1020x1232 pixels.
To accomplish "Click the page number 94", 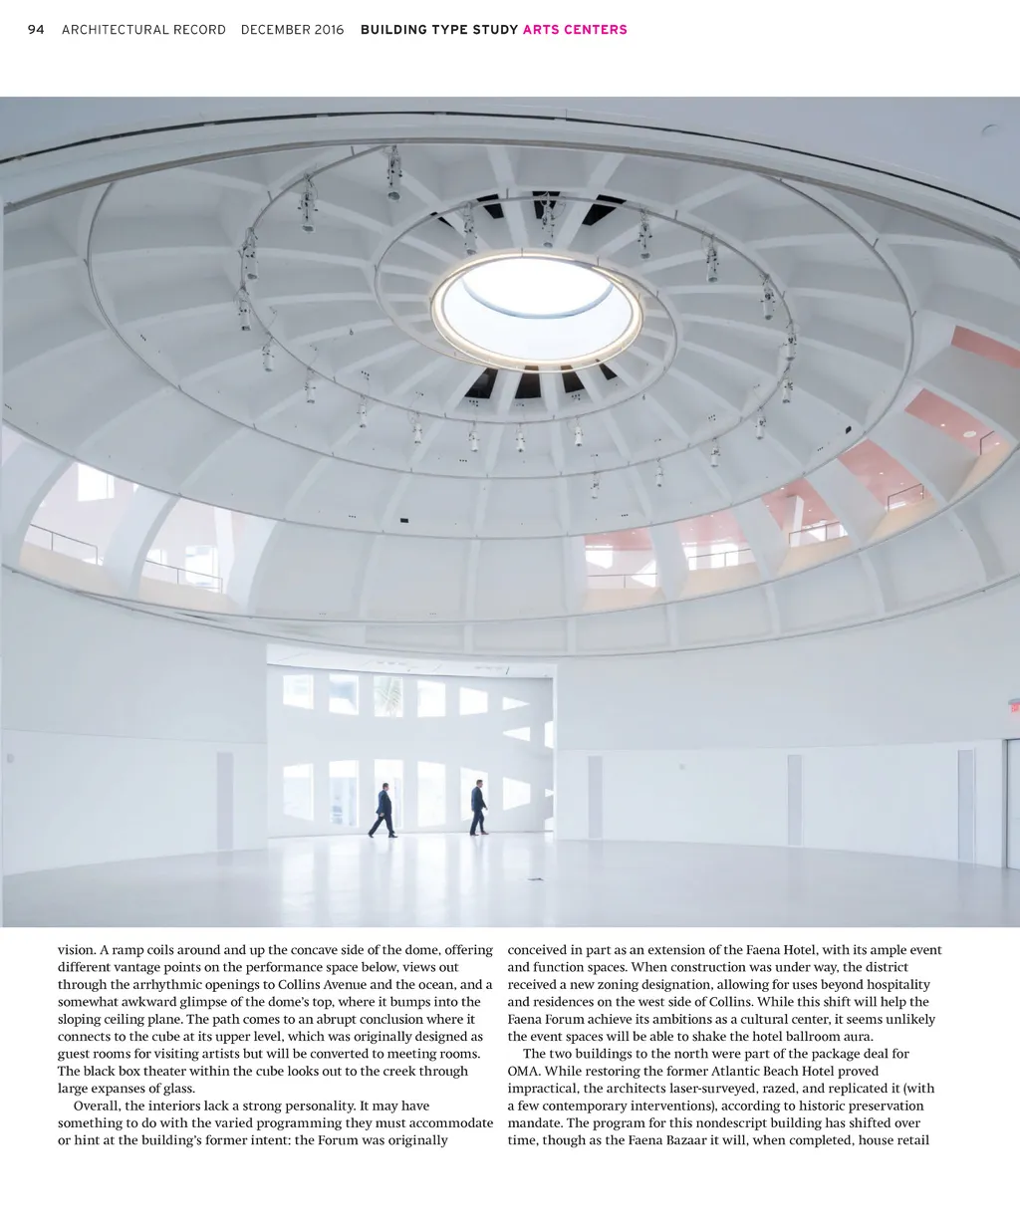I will point(36,30).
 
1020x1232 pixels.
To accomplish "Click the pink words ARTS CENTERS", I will point(575,30).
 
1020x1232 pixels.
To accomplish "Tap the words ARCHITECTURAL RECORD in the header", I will point(143,30).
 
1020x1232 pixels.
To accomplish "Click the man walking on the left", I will point(383,810).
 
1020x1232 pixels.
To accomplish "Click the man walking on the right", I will point(478,807).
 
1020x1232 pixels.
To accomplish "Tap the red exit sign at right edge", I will point(1015,707).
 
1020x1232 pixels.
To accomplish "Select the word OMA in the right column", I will point(523,1071).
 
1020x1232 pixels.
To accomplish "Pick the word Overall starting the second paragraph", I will point(98,1106).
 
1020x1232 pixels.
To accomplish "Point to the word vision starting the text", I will point(76,950).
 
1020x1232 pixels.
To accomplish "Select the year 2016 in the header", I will point(329,30).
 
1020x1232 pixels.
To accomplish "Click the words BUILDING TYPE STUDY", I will point(439,30).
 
